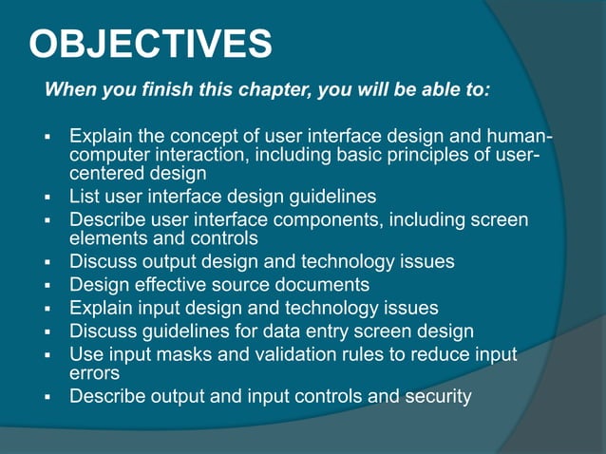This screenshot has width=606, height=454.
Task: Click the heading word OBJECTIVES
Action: click(151, 44)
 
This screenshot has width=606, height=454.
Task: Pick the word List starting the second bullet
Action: click(85, 197)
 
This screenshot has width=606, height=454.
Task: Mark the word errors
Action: click(94, 372)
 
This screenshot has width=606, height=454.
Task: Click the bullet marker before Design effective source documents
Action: click(47, 285)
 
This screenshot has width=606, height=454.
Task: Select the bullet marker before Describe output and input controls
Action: click(47, 396)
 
